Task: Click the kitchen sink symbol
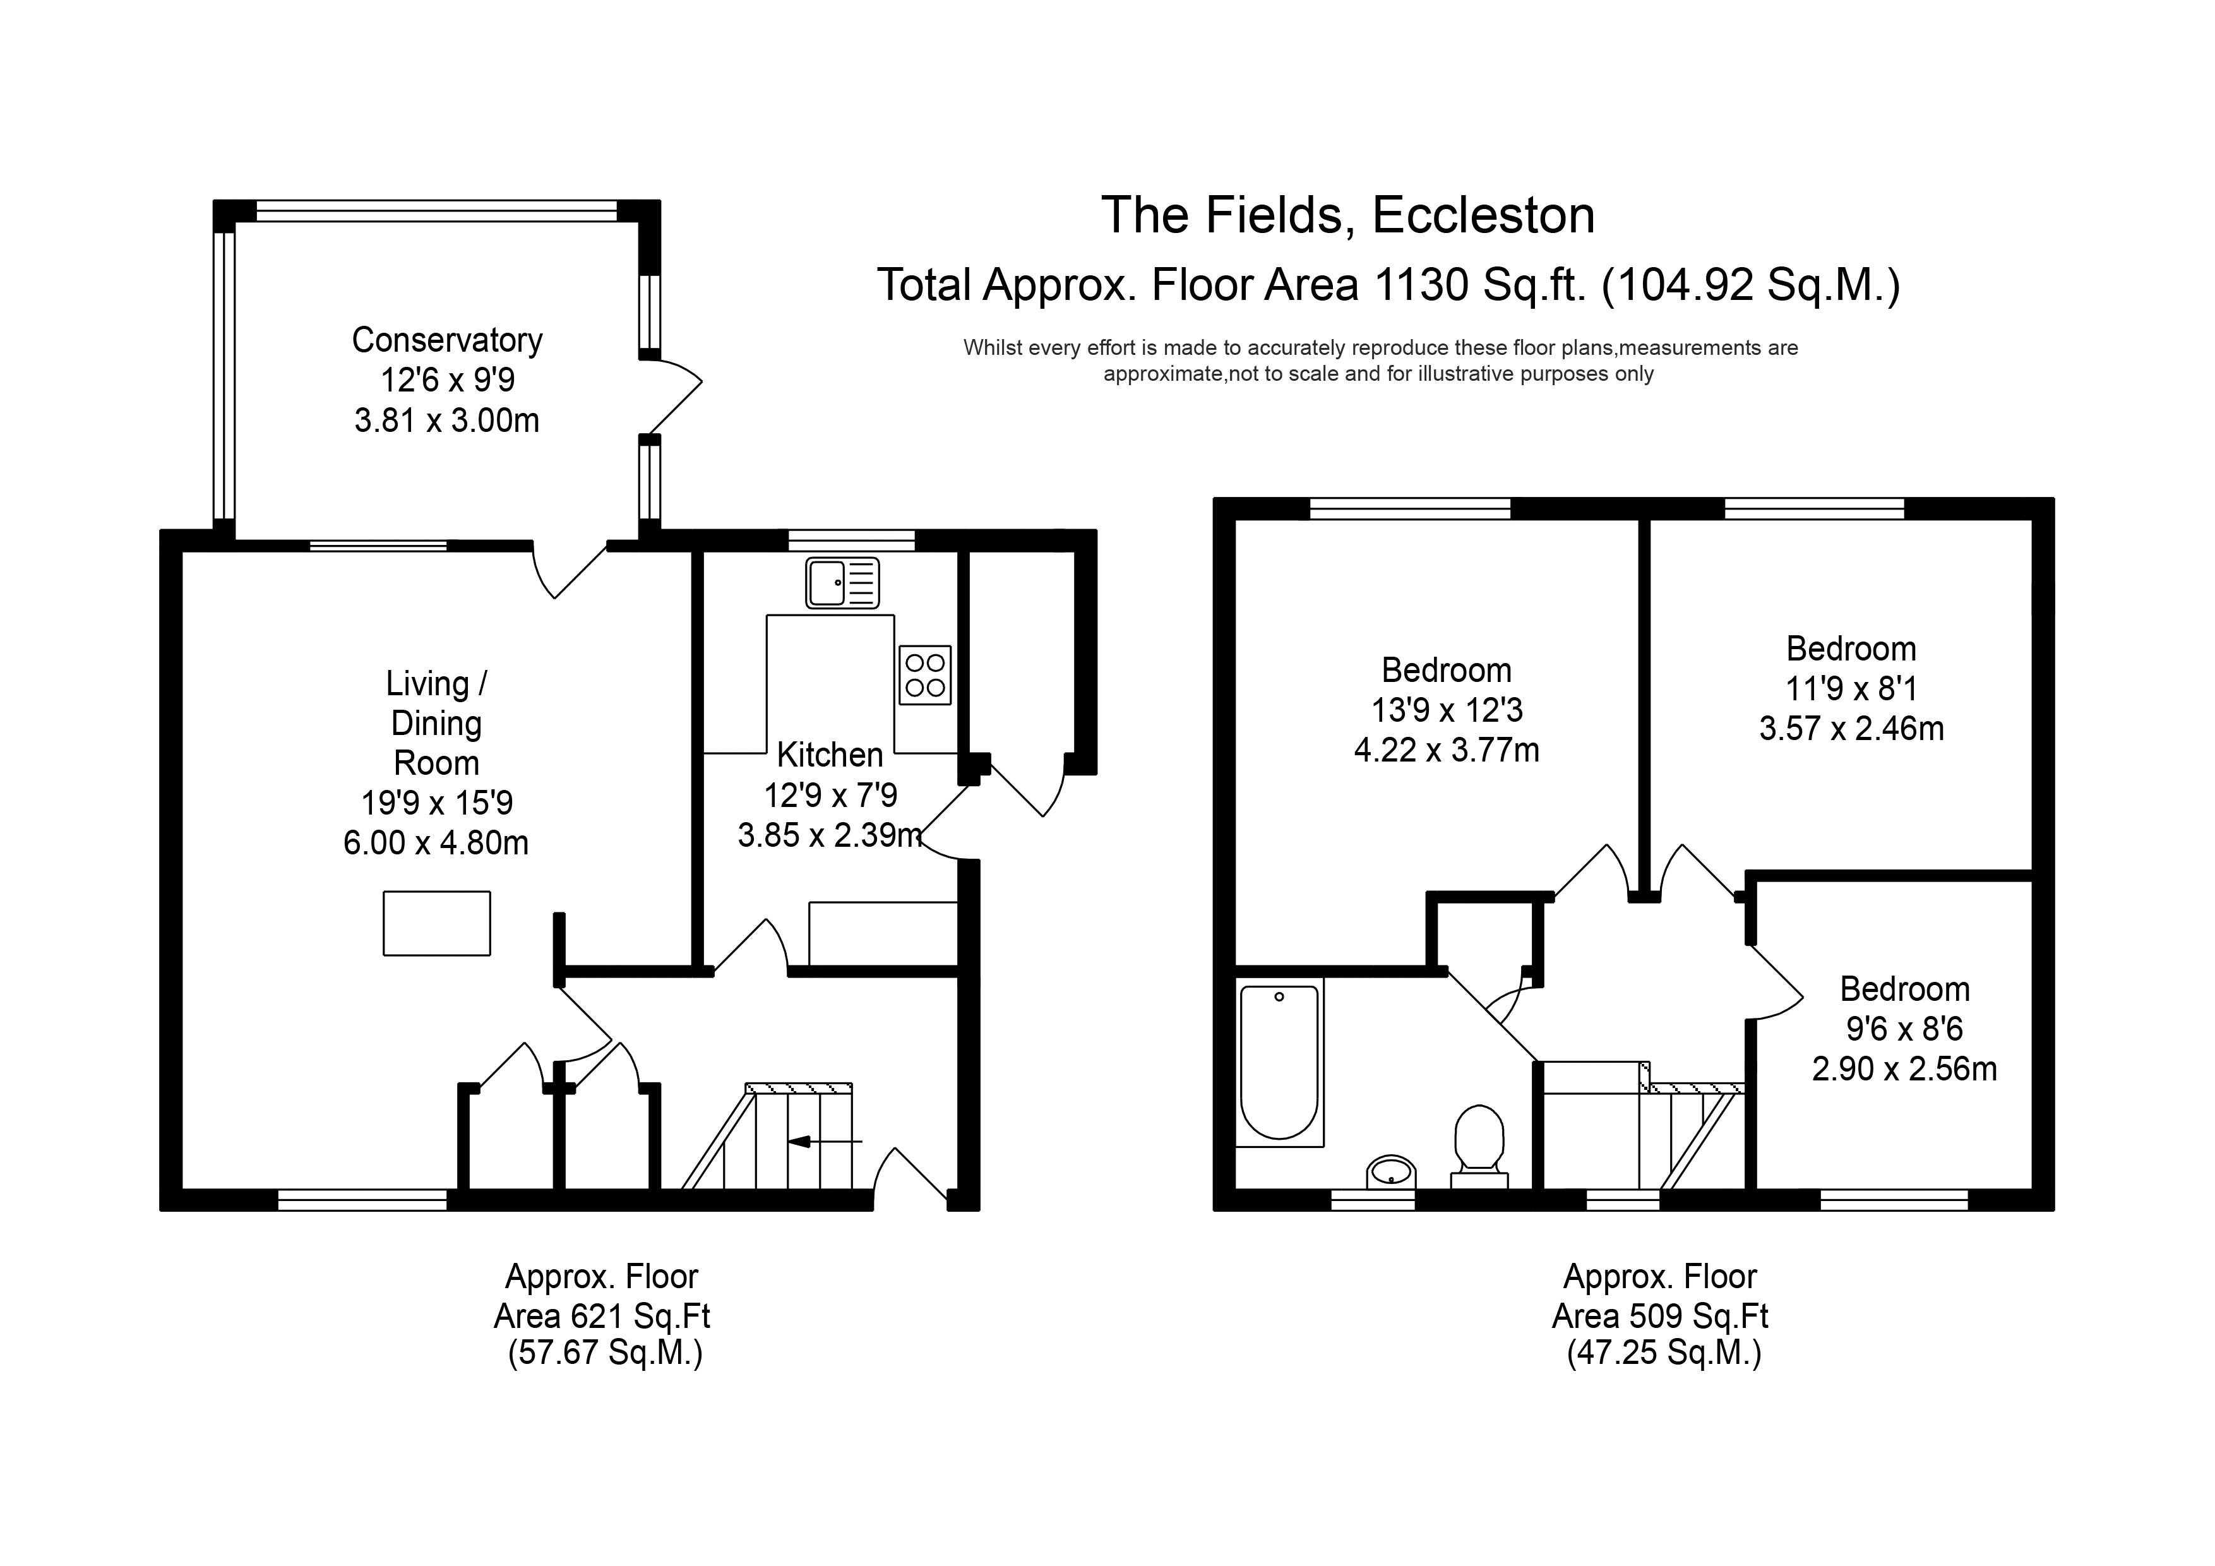click(842, 583)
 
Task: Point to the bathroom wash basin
click(1390, 1173)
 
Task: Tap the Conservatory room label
click(446, 340)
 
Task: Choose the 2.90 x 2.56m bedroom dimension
click(1904, 1068)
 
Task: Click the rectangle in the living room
click(437, 923)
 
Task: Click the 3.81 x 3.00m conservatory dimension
click(446, 421)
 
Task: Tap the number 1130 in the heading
click(1420, 285)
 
